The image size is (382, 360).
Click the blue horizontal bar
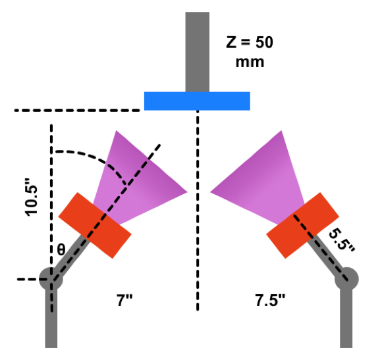click(x=197, y=101)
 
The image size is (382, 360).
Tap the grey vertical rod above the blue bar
click(x=198, y=52)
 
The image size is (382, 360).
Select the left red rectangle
click(x=95, y=225)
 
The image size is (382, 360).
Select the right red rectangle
click(x=302, y=225)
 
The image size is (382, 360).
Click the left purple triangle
click(x=136, y=180)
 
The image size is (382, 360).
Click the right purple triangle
click(x=261, y=180)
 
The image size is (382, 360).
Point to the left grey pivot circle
click(x=51, y=279)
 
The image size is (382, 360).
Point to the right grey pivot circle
click(x=346, y=279)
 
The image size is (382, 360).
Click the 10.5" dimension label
click(x=32, y=197)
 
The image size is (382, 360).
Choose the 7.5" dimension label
click(x=270, y=300)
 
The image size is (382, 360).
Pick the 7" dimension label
click(x=124, y=300)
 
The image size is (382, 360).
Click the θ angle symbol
click(x=61, y=249)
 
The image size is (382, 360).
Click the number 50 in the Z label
click(x=264, y=42)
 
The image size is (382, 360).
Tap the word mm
click(x=250, y=63)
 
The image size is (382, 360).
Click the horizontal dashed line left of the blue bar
click(x=77, y=111)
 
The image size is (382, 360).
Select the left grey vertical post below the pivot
click(x=51, y=319)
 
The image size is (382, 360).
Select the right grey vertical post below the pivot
click(x=346, y=319)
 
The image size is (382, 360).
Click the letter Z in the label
click(x=231, y=42)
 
